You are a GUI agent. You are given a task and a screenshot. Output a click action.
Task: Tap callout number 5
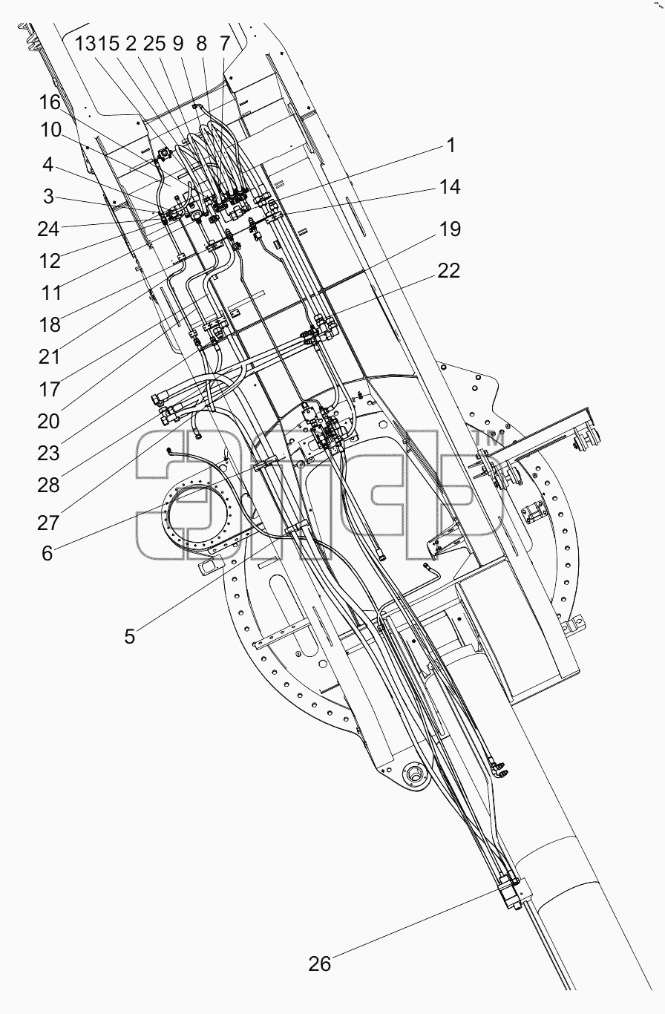click(129, 636)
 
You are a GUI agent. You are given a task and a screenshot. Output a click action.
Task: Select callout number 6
click(47, 554)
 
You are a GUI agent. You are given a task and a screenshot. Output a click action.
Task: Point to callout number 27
click(48, 523)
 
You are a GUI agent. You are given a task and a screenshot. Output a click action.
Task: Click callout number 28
click(48, 485)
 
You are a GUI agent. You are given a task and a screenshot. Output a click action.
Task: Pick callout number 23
click(48, 453)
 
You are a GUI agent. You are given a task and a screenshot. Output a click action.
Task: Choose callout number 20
click(48, 422)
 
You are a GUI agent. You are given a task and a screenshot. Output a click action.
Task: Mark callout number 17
click(49, 389)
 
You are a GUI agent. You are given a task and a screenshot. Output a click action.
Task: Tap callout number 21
click(49, 357)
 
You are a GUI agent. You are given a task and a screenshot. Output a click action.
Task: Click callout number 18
click(50, 324)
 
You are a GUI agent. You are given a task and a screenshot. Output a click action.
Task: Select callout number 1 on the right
click(451, 145)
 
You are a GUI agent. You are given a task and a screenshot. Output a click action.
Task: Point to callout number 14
click(450, 187)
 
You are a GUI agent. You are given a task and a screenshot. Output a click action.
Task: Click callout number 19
click(450, 229)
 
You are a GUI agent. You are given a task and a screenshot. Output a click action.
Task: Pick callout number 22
click(448, 271)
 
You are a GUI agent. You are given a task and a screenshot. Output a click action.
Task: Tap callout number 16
click(50, 102)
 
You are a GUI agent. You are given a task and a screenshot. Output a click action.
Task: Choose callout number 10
click(50, 131)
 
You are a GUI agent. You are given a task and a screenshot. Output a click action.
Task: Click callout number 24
click(48, 229)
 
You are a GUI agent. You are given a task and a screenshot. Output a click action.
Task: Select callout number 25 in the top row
click(155, 44)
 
